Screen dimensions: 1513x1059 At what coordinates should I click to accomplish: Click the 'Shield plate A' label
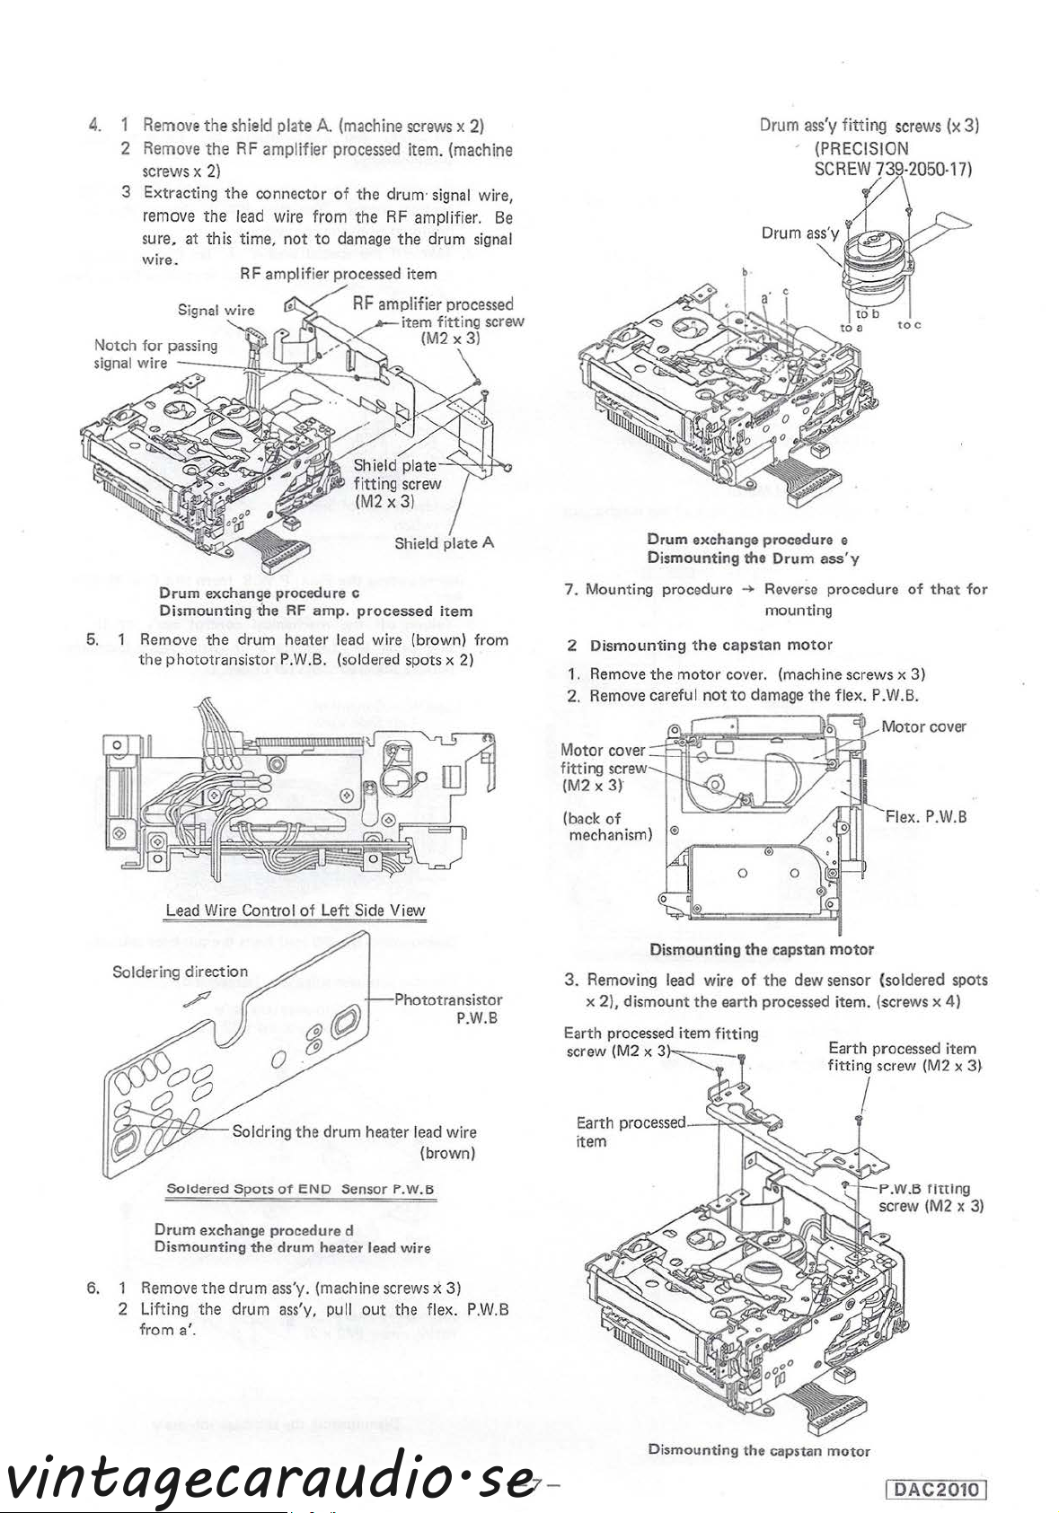coord(444,542)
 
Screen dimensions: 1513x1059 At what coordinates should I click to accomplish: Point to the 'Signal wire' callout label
coord(216,311)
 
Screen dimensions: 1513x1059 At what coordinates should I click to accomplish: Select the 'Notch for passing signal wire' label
coord(155,354)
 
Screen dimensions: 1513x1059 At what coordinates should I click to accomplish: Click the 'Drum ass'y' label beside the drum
coord(799,233)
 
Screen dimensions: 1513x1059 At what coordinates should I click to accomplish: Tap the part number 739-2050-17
coord(918,169)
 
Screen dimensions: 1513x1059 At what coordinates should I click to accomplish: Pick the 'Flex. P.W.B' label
coord(925,816)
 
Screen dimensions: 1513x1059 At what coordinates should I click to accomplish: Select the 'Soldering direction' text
coord(180,972)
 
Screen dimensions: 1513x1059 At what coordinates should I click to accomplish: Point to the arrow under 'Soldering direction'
coord(197,998)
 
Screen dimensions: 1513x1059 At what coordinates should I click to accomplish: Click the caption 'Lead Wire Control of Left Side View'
coord(296,910)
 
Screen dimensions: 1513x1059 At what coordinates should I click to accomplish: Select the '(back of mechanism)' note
coord(606,826)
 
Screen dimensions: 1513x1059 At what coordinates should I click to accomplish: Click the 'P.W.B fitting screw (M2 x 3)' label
coord(931,1197)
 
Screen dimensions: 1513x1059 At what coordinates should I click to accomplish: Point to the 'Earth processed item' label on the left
coord(629,1131)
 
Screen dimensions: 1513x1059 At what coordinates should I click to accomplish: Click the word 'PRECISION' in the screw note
coord(861,148)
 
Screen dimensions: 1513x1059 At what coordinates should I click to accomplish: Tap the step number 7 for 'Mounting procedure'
coord(570,590)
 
